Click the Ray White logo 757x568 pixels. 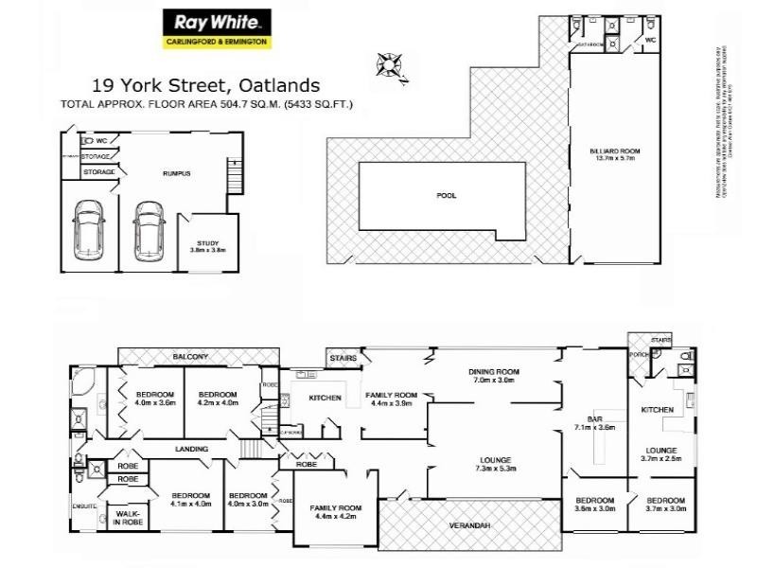pyautogui.click(x=217, y=28)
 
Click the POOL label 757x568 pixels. pyautogui.click(x=447, y=196)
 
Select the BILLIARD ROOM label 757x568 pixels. pyautogui.click(x=609, y=151)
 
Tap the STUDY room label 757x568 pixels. pyautogui.click(x=208, y=243)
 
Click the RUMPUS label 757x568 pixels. pyautogui.click(x=177, y=173)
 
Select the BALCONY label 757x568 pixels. pyautogui.click(x=191, y=357)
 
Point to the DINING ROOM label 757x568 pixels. pyautogui.click(x=495, y=371)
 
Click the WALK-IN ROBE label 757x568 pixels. pyautogui.click(x=128, y=520)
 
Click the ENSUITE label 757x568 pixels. pyautogui.click(x=86, y=506)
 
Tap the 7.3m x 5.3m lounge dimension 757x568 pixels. pyautogui.click(x=495, y=470)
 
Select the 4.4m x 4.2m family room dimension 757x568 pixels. pyautogui.click(x=336, y=517)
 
